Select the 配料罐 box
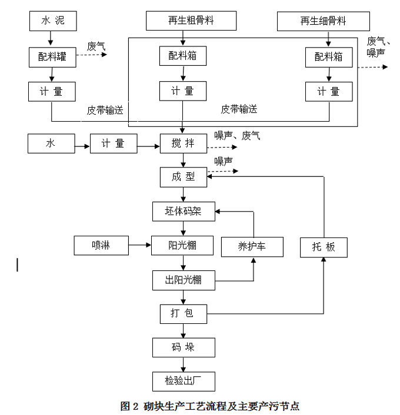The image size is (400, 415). (x=53, y=56)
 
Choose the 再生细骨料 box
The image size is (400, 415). (x=324, y=21)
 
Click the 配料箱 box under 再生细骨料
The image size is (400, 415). (x=329, y=56)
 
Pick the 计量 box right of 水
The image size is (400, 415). (x=113, y=143)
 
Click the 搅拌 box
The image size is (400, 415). (x=183, y=143)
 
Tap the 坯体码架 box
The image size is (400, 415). (x=183, y=210)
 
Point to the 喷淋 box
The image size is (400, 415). (x=101, y=245)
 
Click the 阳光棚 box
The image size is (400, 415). (x=183, y=245)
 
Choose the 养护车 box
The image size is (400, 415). (x=252, y=246)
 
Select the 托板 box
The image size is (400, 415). (x=324, y=246)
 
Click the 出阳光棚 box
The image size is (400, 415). (x=183, y=280)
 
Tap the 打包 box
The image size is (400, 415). (x=183, y=313)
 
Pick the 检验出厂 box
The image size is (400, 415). (x=183, y=380)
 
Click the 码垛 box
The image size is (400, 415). (x=183, y=347)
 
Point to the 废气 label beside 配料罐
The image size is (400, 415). (x=96, y=45)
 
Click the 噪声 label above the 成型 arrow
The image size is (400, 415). (x=224, y=161)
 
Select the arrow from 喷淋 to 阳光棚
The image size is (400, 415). (x=139, y=245)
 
